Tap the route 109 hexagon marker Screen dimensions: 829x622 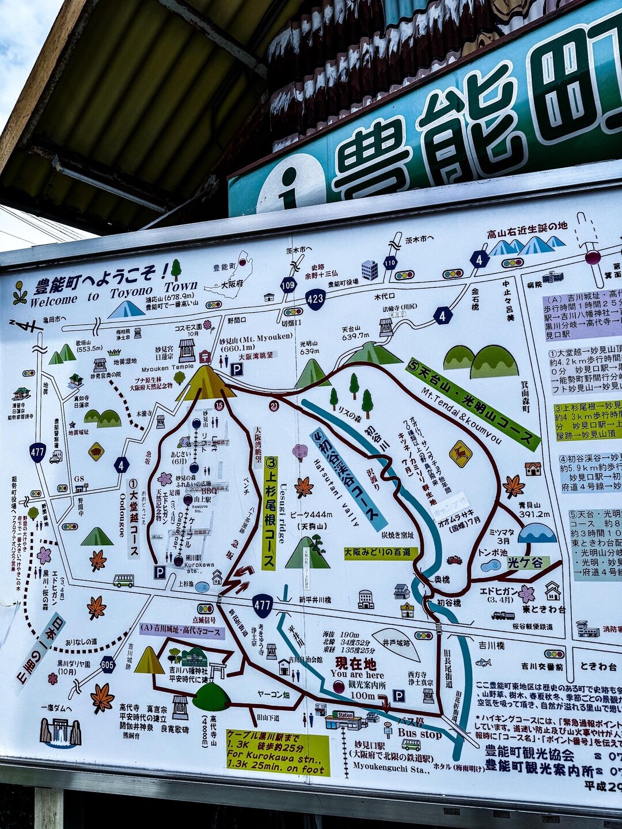(289, 284)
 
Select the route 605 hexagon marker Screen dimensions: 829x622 (107, 664)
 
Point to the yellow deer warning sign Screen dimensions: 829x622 (460, 453)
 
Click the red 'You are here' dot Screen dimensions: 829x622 (339, 686)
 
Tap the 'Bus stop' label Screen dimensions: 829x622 (419, 735)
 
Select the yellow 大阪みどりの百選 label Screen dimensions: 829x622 (381, 553)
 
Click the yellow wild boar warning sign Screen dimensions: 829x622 (96, 451)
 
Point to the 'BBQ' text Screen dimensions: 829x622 (208, 490)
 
